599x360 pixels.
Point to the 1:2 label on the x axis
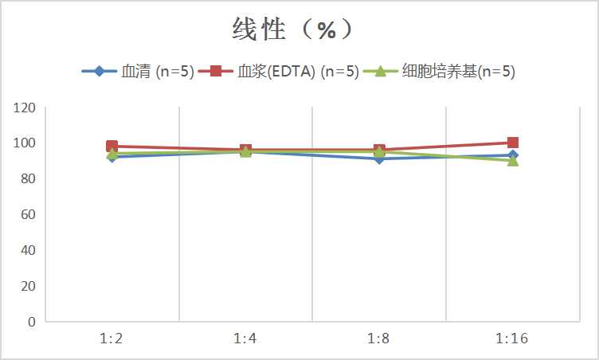[112, 338]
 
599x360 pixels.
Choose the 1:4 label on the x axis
[245, 338]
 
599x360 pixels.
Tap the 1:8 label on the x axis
[378, 338]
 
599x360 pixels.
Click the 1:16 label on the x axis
[512, 338]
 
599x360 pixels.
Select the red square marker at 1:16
[513, 143]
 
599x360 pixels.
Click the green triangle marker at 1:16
[513, 160]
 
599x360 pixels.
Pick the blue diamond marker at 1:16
[513, 155]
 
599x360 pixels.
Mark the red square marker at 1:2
[112, 147]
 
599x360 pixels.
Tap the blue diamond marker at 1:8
[379, 158]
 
